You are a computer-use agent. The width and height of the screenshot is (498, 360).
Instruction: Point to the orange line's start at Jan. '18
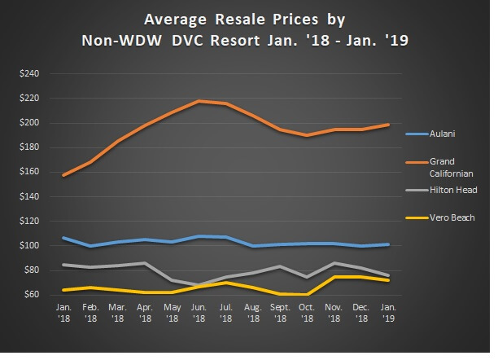coord(63,175)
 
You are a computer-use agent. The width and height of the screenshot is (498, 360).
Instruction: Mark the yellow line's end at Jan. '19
coord(388,280)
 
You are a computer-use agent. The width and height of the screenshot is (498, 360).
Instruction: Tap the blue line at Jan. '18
coord(63,238)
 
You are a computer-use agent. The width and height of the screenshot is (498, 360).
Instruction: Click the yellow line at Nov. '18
coord(334,277)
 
